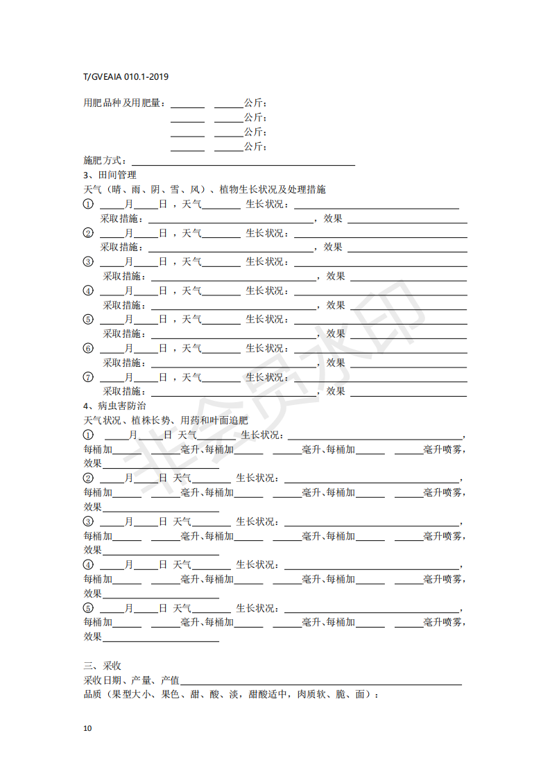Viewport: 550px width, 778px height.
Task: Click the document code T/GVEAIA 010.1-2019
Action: (126, 76)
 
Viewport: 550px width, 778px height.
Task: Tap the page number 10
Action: (87, 728)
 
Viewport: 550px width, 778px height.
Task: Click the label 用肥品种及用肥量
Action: (122, 103)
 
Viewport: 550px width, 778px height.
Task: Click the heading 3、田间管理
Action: (110, 175)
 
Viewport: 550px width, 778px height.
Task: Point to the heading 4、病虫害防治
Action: (114, 406)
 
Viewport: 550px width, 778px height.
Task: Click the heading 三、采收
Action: (103, 666)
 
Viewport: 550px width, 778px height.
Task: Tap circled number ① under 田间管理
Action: (88, 205)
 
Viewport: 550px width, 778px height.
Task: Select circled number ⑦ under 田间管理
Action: (88, 377)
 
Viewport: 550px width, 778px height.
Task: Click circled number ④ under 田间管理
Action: (88, 291)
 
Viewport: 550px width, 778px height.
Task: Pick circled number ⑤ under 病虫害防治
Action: (88, 608)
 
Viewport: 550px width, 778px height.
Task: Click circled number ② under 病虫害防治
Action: (88, 478)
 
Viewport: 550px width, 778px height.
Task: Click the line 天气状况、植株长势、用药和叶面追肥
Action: (166, 420)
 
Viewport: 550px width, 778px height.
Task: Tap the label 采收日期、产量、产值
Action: (132, 680)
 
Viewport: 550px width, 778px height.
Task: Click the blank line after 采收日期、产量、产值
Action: (321, 682)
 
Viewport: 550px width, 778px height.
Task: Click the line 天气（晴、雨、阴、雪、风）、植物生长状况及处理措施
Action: (205, 189)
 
